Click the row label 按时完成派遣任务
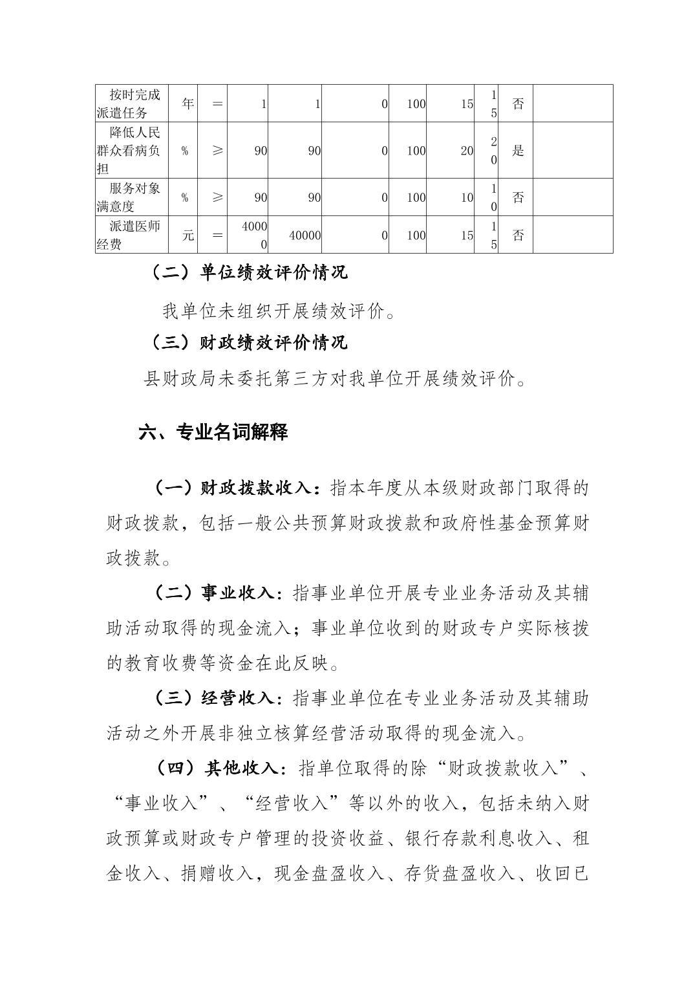pos(128,104)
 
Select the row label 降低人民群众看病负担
pos(128,151)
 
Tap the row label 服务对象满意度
pos(128,197)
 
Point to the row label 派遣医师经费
pos(128,235)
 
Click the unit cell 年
pos(187,104)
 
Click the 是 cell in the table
pos(517,151)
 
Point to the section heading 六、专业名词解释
pos(213,432)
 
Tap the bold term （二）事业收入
pos(217,593)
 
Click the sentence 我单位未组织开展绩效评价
pos(278,312)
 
